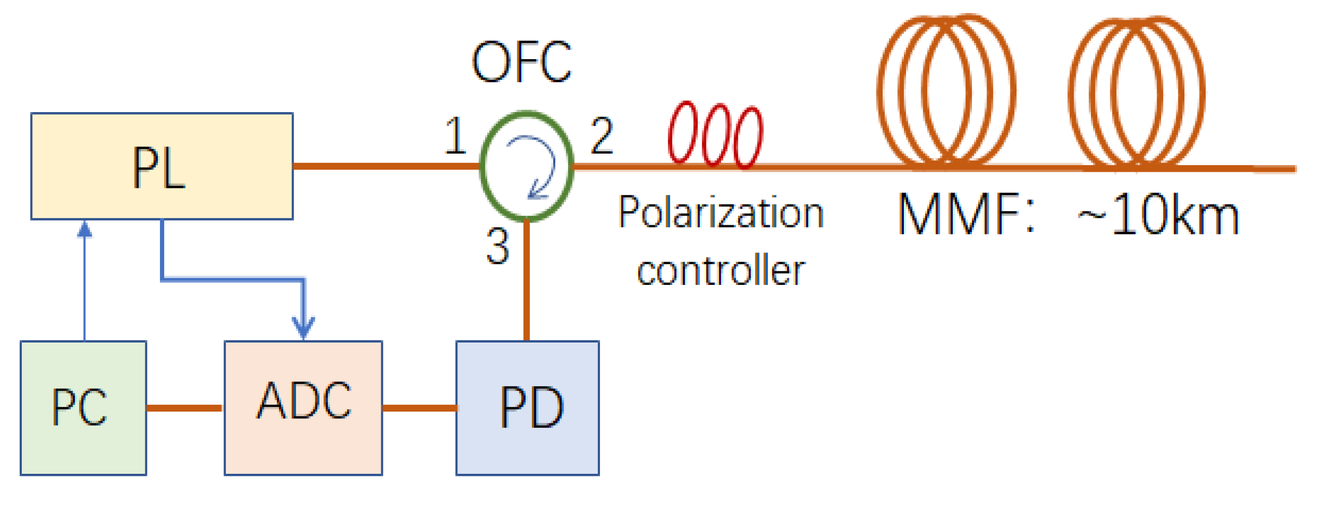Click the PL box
pos(162,166)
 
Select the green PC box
pos(83,408)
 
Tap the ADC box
pos(303,408)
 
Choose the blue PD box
pos(528,408)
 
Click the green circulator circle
pos(527,166)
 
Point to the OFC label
pos(522,62)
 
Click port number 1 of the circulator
pos(455,136)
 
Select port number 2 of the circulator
pos(602,136)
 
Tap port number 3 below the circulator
pos(497,247)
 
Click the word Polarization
pos(721,213)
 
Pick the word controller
pos(721,271)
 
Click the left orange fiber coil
pos(947,91)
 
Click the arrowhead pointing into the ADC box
pos(303,329)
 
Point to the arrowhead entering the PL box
pos(85,229)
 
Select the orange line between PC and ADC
pos(185,408)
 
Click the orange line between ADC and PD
pos(419,408)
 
